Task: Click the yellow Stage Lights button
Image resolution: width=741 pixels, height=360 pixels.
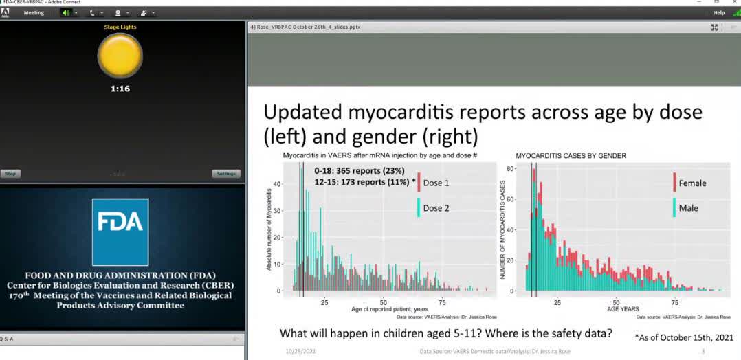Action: point(120,55)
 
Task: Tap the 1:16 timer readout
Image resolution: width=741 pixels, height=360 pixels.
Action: point(120,89)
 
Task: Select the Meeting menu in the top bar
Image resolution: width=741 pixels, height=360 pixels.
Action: point(34,13)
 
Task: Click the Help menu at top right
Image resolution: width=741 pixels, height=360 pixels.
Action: point(719,13)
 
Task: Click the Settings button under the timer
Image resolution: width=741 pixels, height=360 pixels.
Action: point(225,174)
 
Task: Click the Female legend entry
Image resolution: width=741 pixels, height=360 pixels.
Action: point(691,183)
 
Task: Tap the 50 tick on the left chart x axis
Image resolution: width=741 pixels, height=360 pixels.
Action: point(383,302)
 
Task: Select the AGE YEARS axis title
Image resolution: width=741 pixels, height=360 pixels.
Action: point(622,309)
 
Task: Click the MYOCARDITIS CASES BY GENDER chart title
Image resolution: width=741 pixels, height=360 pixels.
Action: point(571,156)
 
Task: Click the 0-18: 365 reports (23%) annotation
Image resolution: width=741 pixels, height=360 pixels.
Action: point(360,170)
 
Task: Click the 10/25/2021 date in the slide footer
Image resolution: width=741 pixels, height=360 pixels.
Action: point(300,352)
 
